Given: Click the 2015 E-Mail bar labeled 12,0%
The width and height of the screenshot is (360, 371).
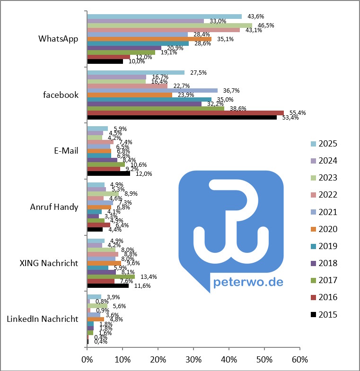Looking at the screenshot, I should pos(108,173).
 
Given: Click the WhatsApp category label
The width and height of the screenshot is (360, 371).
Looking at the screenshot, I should pos(58,39).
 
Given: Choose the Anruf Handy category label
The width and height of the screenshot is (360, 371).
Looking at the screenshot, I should pos(54,207).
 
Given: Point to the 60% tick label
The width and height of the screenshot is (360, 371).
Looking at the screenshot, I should pos(299,360).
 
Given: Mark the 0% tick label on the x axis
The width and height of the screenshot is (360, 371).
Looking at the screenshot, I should pos(87,360).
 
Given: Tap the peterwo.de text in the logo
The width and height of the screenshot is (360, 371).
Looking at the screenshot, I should pos(249,282).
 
